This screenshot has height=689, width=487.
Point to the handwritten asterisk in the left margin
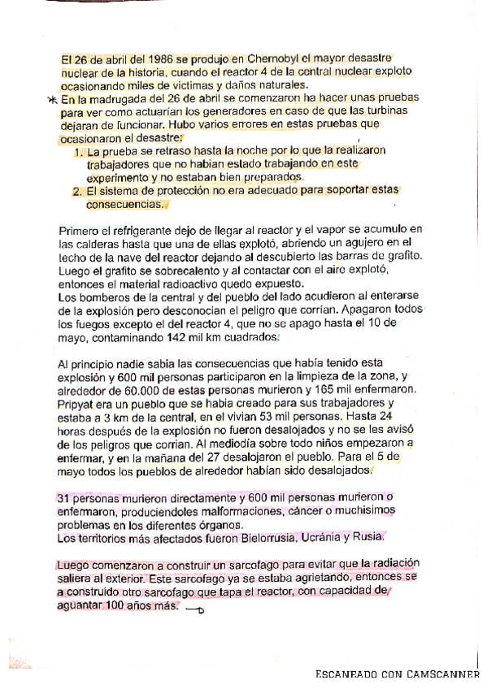tap(53, 100)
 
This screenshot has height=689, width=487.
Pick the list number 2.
tap(78, 192)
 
